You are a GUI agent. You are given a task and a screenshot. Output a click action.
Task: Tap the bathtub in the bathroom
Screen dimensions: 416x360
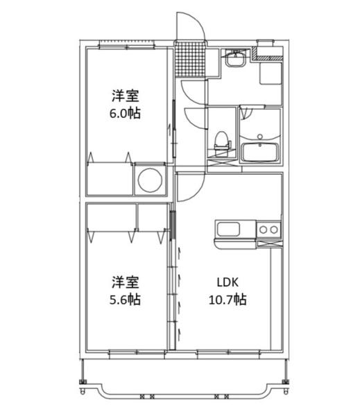pos(260,150)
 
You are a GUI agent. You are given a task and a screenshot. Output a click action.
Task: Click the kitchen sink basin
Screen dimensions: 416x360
pos(234,229)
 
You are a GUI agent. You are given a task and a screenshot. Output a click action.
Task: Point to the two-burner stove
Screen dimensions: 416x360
pos(268,229)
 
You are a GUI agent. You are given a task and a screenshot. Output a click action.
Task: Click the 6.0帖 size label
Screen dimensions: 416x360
pos(126,113)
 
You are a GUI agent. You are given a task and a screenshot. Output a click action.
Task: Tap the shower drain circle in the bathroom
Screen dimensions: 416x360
pos(261,136)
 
